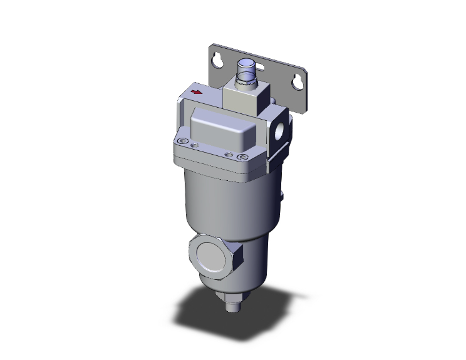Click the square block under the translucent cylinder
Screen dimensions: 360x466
pyautogui.click(x=247, y=98)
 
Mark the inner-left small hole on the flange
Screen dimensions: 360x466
pyautogui.click(x=194, y=145)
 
